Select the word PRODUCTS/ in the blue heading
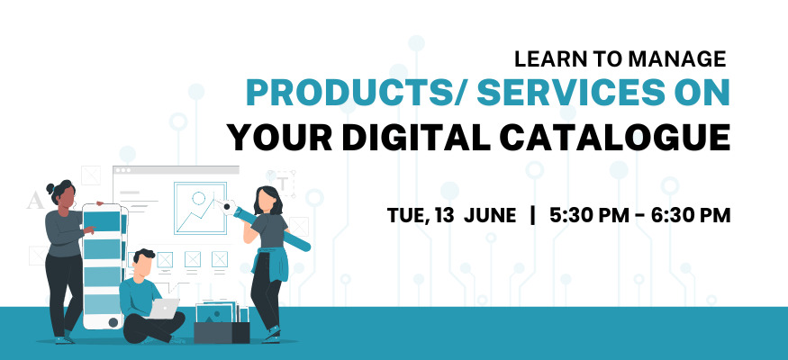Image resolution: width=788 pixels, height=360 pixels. [357, 94]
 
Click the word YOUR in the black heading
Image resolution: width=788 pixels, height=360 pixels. [279, 137]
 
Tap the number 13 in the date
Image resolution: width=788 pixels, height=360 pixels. [445, 215]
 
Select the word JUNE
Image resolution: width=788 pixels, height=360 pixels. [490, 215]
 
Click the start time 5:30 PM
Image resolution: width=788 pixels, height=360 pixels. [589, 215]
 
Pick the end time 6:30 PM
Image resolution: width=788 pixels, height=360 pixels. [691, 215]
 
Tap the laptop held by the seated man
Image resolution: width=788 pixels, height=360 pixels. [165, 308]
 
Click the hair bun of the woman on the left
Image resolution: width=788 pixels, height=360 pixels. [50, 189]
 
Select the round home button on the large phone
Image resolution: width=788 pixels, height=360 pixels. [113, 322]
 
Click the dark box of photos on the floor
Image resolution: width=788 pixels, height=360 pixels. [222, 332]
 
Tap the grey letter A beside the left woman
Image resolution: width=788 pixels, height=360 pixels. [35, 201]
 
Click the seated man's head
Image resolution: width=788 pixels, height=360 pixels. [144, 263]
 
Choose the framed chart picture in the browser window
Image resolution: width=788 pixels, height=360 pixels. [200, 209]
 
